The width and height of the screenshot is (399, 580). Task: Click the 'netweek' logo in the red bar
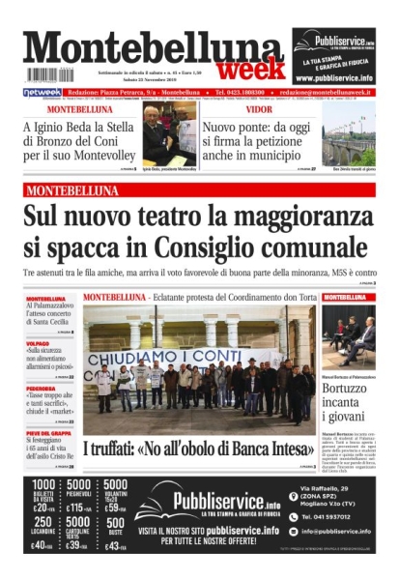point(43,93)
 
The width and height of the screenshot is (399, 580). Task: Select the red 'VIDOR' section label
point(224,109)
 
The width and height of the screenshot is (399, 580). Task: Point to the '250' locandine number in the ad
point(43,522)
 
